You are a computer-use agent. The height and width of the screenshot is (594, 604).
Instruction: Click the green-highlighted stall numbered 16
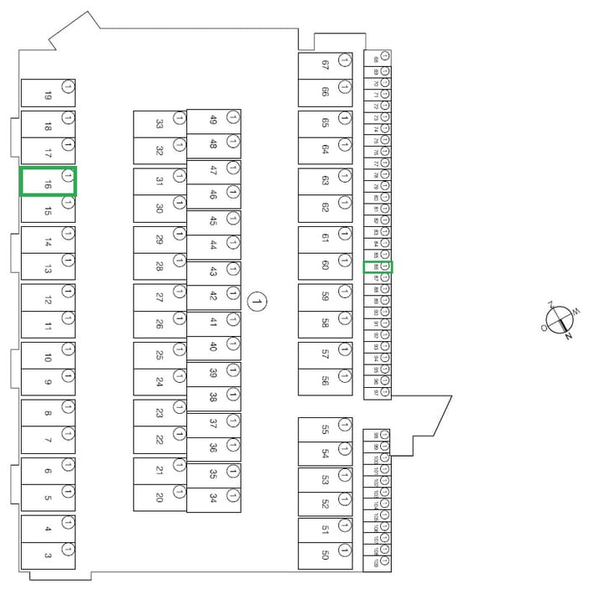click(x=49, y=182)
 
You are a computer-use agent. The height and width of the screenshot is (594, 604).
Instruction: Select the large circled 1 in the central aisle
click(x=258, y=301)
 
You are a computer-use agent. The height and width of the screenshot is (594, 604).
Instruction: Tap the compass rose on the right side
click(x=560, y=318)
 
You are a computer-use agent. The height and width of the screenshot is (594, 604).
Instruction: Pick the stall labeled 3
click(x=49, y=556)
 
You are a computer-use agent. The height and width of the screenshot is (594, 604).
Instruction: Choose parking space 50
click(x=325, y=555)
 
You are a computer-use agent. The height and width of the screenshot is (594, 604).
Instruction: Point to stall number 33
click(x=159, y=124)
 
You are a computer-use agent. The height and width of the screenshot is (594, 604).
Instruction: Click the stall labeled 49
click(x=213, y=121)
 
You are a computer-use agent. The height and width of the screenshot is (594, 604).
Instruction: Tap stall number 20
click(x=159, y=497)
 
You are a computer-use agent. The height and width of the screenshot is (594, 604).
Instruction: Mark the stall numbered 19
click(x=49, y=94)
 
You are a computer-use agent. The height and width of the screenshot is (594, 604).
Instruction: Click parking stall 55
click(x=325, y=431)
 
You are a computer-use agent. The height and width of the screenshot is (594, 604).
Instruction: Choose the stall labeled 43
click(x=213, y=272)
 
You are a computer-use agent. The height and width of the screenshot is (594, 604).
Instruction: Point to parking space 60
click(x=325, y=266)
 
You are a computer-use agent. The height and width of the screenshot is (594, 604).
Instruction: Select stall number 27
click(x=159, y=297)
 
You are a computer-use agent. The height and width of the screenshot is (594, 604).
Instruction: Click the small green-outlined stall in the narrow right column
click(x=377, y=267)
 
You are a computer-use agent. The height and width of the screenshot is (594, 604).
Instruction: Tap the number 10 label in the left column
click(x=48, y=358)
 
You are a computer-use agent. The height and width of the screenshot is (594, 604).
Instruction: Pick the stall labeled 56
click(x=325, y=381)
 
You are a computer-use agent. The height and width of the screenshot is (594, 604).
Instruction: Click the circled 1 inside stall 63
click(x=344, y=177)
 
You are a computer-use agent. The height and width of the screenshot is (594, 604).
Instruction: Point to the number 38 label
click(x=213, y=397)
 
